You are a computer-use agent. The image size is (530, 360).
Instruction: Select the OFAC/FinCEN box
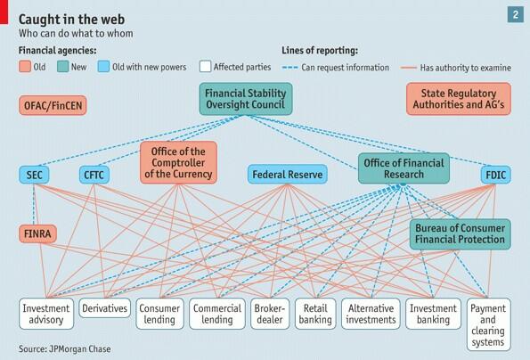[53, 106]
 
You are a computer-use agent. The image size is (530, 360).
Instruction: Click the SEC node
[35, 175]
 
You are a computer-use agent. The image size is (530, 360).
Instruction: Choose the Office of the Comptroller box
[176, 162]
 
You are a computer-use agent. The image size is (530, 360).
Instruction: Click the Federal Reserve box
[284, 175]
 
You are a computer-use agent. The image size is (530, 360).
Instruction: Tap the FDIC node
[494, 175]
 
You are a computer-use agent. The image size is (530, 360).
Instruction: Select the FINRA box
[39, 233]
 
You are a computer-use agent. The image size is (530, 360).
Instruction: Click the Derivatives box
[104, 307]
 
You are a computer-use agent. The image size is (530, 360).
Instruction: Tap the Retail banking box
[316, 314]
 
